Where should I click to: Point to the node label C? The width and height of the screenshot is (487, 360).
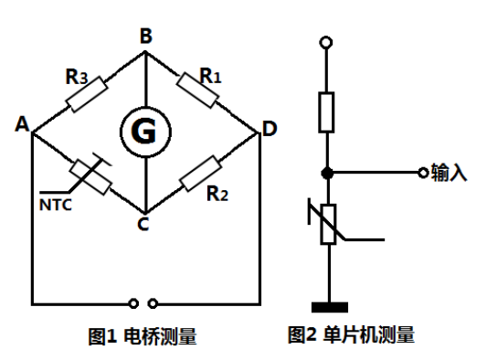click(143, 223)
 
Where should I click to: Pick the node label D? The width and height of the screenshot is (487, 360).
click(269, 130)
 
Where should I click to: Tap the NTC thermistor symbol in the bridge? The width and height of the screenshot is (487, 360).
click(90, 175)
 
